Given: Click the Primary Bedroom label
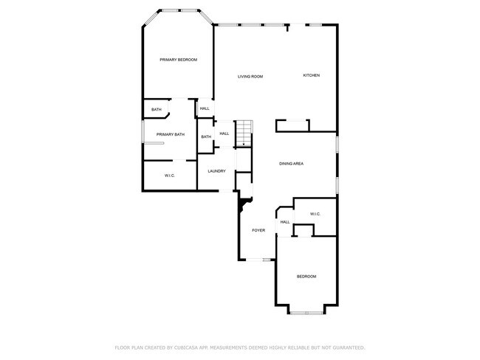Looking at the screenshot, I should (x=179, y=60).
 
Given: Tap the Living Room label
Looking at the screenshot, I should (x=250, y=77).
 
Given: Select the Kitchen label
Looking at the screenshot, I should (x=311, y=75).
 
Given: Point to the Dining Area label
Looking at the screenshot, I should (x=292, y=163).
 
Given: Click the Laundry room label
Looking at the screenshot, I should (x=216, y=171).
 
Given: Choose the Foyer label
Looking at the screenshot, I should (x=258, y=230).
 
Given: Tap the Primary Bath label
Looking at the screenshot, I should (x=170, y=134).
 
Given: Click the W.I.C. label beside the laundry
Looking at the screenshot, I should (x=169, y=176).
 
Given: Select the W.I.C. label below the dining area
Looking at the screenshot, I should (x=315, y=214).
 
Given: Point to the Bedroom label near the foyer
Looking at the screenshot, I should (x=306, y=277).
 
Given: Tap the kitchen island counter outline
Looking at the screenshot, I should (x=292, y=125).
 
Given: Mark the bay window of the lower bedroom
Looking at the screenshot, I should (x=306, y=313).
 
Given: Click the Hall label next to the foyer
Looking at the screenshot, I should (x=284, y=222).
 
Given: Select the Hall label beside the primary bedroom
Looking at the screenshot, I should (x=205, y=108).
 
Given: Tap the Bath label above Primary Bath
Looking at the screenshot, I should (x=157, y=110).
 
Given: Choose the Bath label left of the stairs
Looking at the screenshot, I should (x=206, y=136).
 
